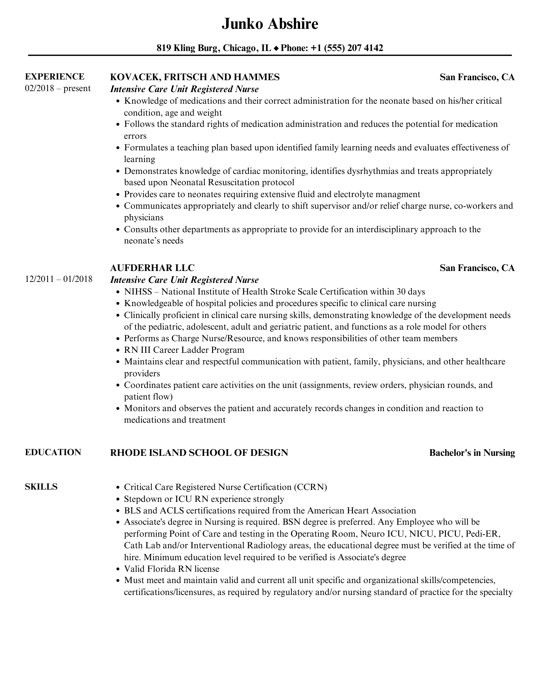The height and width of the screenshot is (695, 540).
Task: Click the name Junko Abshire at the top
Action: [x=270, y=24]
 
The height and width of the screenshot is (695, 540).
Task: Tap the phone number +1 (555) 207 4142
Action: [x=347, y=48]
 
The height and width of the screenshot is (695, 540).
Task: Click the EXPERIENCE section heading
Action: [x=55, y=77]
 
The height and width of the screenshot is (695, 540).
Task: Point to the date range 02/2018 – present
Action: [x=58, y=88]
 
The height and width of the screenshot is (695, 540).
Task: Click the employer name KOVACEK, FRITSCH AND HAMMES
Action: [x=195, y=77]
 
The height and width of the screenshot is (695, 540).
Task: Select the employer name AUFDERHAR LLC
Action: [x=152, y=268]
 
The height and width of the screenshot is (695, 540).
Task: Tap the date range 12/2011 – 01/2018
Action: [x=59, y=279]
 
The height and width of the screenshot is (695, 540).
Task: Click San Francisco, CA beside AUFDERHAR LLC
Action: [x=477, y=268]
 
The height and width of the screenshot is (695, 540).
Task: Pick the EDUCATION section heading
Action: [x=53, y=453]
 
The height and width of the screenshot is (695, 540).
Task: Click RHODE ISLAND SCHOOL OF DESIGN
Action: [x=199, y=453]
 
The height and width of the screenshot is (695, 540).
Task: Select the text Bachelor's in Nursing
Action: [x=472, y=453]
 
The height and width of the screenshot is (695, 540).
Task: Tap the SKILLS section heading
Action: [x=41, y=487]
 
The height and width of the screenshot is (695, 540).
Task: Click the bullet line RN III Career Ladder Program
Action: [x=184, y=350]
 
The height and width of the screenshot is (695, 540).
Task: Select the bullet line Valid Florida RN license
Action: [x=171, y=569]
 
